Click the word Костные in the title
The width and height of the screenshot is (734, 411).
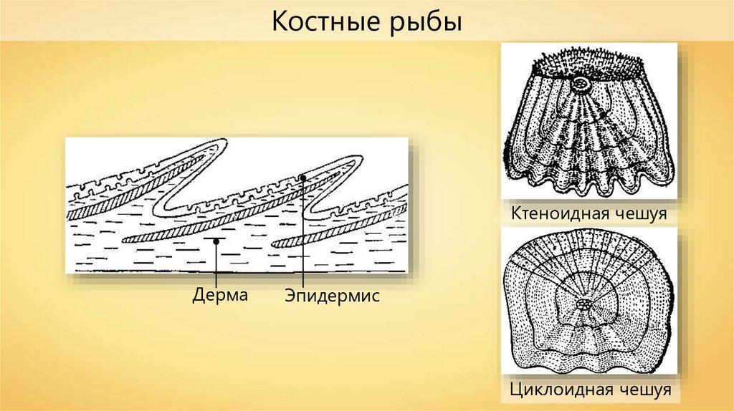coord(321,23)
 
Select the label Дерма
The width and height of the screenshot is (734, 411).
coord(219,295)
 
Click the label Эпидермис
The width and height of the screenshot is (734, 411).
coord(330,295)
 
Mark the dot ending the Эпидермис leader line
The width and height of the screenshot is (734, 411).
coord(304,176)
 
